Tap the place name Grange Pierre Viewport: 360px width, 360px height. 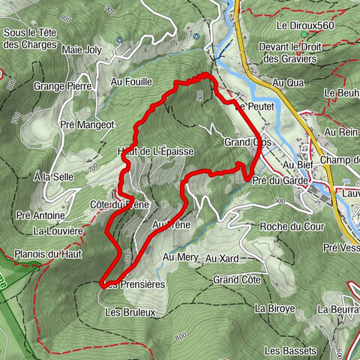[63, 86]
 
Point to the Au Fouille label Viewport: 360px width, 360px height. [131, 81]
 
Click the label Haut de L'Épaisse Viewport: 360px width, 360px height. [156, 151]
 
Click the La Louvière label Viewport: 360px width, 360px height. [58, 230]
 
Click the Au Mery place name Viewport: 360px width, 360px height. [179, 258]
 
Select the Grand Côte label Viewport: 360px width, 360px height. [236, 280]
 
